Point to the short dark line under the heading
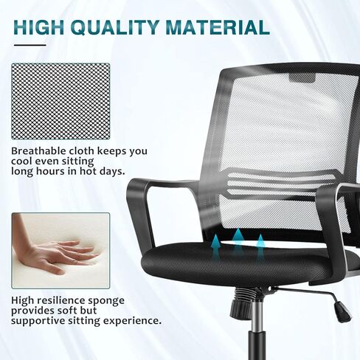click(30, 46)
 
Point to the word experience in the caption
click(133, 321)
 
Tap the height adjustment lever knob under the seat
click(341, 314)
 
